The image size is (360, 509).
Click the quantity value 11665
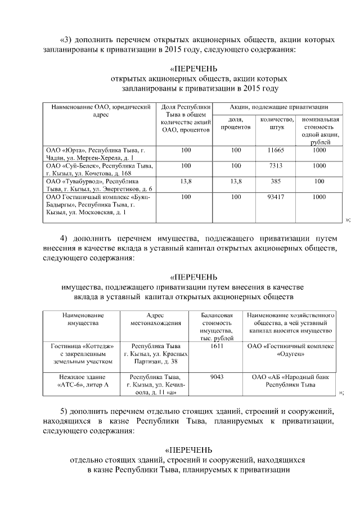click(275, 150)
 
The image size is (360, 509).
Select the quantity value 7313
click(275, 166)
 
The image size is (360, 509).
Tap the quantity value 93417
click(275, 197)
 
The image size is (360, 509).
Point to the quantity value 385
click(275, 182)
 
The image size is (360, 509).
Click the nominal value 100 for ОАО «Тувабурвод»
click(319, 182)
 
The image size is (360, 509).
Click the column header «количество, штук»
click(275, 123)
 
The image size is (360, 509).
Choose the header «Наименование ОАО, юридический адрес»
click(100, 110)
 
